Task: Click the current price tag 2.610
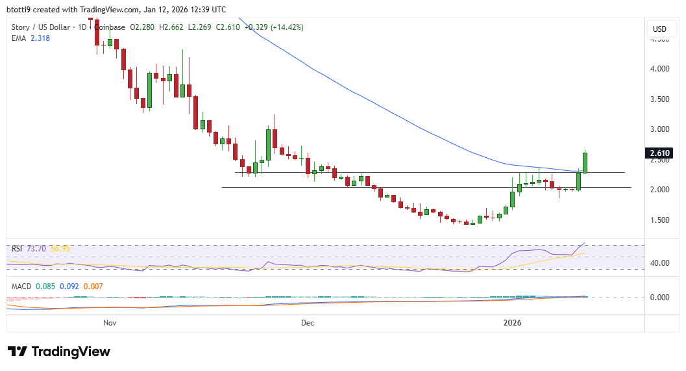[659, 153]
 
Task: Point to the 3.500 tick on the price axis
[659, 99]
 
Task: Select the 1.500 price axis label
[659, 220]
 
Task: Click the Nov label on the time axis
[110, 322]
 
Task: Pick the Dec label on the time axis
[308, 322]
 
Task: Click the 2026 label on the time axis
[513, 322]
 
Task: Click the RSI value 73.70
[36, 249]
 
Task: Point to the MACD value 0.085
[46, 286]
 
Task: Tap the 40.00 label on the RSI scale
[659, 263]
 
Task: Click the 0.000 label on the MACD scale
[659, 298]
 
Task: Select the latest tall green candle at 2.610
[585, 162]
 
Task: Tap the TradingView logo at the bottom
[59, 352]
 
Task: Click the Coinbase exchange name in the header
[110, 27]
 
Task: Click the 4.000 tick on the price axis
[659, 69]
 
